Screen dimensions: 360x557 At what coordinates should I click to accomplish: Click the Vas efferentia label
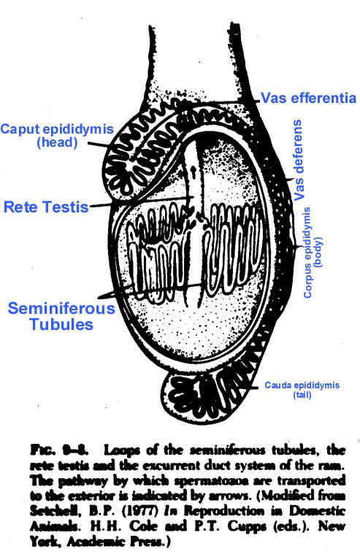pos(308,98)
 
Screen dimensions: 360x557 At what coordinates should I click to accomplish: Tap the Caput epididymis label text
pos(57,128)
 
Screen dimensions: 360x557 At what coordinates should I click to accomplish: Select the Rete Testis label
pos(46,207)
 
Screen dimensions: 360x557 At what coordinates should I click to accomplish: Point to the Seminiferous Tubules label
pos(61,316)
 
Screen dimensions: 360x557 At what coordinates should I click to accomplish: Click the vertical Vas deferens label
pos(299,160)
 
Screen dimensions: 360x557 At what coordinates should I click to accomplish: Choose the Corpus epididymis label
pos(307,253)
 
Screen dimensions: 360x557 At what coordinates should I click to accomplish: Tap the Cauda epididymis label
pos(302,385)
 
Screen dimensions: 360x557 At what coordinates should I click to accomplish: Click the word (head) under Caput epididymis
pos(57,142)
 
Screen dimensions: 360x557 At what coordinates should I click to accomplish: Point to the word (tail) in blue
pos(302,395)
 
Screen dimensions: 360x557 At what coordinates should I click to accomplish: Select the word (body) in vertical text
pos(318,252)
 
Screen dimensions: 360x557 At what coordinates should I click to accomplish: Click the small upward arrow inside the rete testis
pos(194,172)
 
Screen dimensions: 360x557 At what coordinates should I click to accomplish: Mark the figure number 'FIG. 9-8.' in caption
pos(59,450)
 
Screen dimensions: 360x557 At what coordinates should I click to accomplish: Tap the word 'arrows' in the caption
pos(228,496)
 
